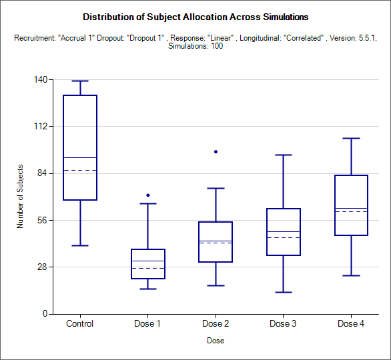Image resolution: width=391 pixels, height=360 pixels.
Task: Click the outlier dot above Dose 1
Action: (x=148, y=195)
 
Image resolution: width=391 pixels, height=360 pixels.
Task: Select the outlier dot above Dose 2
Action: (x=216, y=152)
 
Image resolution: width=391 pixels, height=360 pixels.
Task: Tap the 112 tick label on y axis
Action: (x=41, y=126)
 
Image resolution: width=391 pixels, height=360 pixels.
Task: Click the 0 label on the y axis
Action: (x=45, y=313)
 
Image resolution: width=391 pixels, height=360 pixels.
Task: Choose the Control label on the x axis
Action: (x=80, y=323)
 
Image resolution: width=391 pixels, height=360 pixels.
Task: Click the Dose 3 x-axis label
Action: (x=283, y=323)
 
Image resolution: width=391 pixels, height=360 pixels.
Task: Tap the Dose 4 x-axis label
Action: (x=351, y=323)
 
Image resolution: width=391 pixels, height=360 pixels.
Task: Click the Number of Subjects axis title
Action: (x=20, y=196)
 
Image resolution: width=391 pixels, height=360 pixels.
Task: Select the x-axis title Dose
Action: (x=216, y=341)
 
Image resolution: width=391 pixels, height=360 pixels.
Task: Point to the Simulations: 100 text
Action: (x=195, y=46)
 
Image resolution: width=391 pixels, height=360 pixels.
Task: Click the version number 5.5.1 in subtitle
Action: (x=367, y=38)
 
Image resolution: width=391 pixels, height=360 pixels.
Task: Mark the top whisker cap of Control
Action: (x=80, y=81)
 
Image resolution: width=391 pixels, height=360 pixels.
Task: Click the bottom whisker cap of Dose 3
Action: (x=284, y=292)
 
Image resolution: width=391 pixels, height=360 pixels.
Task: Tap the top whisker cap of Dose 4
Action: (x=352, y=138)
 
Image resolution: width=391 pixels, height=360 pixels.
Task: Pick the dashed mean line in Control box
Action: (x=80, y=171)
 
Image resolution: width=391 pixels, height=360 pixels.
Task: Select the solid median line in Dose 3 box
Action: (x=284, y=232)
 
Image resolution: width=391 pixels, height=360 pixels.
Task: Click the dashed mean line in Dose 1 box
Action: (x=148, y=268)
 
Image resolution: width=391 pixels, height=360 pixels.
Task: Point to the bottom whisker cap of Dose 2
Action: (x=216, y=285)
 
